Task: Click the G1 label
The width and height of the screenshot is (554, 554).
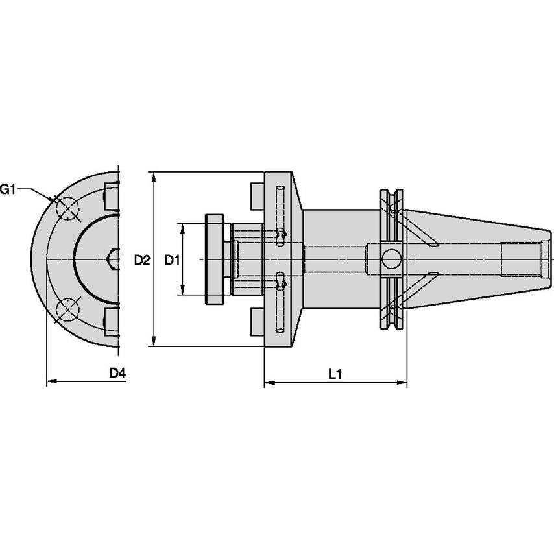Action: click(x=8, y=189)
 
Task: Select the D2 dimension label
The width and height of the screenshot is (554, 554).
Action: click(x=142, y=260)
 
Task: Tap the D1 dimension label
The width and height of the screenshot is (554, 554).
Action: click(x=171, y=260)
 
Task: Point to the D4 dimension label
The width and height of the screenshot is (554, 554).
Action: click(x=117, y=373)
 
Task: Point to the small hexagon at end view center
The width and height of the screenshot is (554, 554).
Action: click(x=113, y=259)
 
